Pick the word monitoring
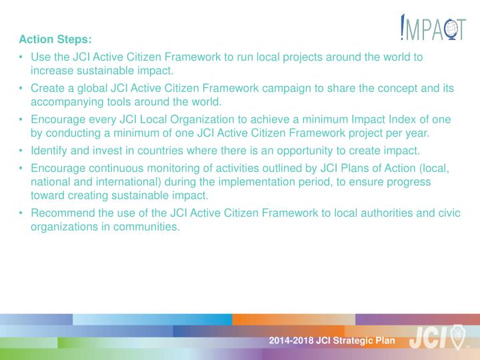[x=171, y=169]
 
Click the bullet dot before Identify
[x=22, y=150]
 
